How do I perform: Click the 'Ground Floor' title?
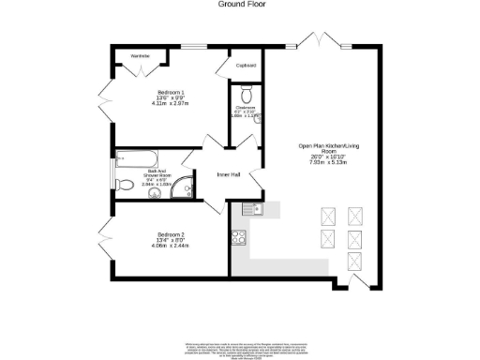point(240,5)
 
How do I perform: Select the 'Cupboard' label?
point(246,66)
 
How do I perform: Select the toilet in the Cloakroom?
point(246,94)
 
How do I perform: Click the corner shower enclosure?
point(191,187)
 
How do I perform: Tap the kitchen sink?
point(249,208)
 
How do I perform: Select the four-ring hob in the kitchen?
point(240,238)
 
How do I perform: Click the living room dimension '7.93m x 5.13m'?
point(322,163)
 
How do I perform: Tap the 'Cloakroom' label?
point(246,109)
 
